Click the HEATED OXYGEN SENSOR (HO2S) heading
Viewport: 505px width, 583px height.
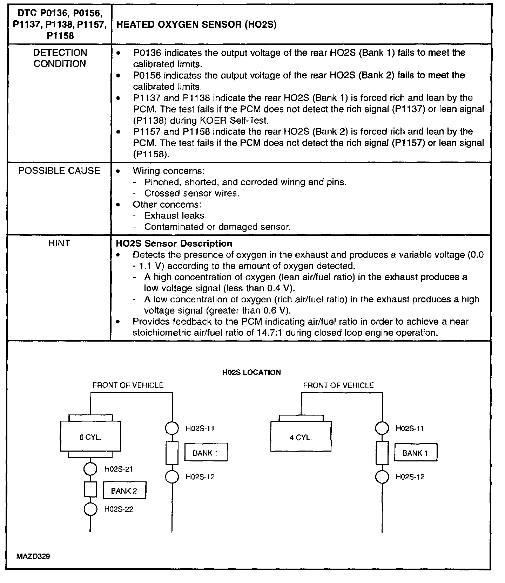196,25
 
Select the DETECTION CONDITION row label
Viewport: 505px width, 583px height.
60,58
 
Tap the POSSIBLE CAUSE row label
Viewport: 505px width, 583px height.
59,171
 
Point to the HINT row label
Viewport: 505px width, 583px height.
59,243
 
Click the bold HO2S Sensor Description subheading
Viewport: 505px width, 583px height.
174,244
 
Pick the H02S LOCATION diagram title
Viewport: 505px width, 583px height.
252,372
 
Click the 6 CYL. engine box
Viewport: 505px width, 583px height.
90,437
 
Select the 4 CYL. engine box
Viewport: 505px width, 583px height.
301,437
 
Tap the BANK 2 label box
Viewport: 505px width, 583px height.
124,491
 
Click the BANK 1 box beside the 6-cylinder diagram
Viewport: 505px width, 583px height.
206,453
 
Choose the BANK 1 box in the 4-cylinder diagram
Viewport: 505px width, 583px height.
416,453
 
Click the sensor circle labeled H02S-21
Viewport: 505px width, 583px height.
90,469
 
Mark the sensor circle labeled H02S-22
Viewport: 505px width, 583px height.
90,509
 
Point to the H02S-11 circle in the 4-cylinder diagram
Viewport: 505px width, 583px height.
382,428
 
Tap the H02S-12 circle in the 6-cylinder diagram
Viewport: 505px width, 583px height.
172,476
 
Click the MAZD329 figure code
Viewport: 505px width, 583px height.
33,556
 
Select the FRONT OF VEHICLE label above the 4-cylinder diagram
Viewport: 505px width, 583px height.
338,385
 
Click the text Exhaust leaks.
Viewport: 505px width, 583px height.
176,215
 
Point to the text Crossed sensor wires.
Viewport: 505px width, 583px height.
192,193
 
